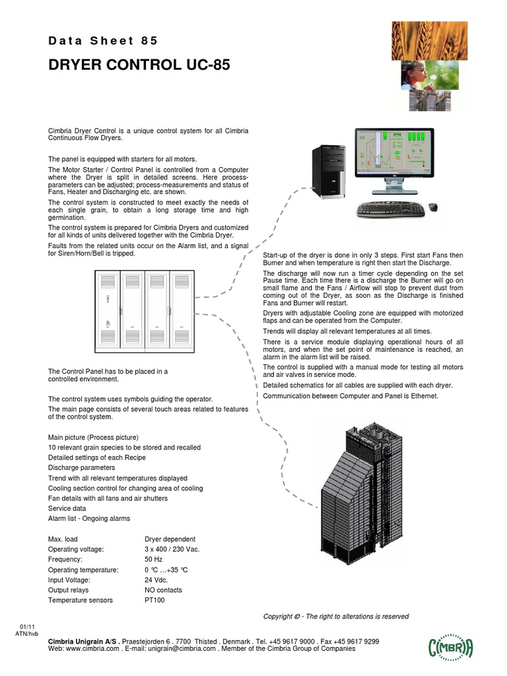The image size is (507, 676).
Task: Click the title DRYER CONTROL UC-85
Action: tap(139, 65)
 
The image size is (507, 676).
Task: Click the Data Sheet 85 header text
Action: tap(103, 41)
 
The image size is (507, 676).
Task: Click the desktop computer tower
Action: tap(328, 171)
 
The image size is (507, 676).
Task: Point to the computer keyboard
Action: tap(391, 210)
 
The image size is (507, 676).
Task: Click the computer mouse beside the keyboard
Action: tap(433, 207)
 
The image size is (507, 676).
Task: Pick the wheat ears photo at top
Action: tap(424, 39)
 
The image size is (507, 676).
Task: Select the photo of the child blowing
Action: tap(424, 74)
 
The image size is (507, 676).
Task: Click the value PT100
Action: tap(154, 600)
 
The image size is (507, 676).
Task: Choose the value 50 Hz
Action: tap(153, 559)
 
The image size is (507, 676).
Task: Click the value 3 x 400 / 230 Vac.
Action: tap(172, 549)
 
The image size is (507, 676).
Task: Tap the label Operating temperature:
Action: tap(83, 570)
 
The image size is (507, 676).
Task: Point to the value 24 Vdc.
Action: tap(156, 580)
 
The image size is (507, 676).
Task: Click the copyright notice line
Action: tap(336, 617)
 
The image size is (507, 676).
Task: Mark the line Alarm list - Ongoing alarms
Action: tap(89, 519)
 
